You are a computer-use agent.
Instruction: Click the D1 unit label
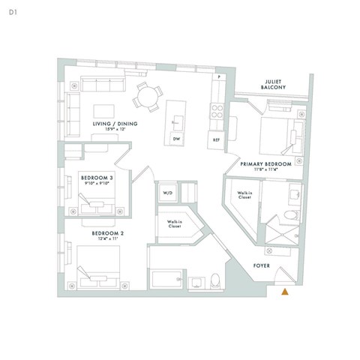pos(13,12)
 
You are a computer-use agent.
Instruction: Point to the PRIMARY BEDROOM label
pos(265,164)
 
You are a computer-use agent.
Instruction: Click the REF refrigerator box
pos(216,140)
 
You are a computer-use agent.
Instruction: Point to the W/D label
pos(166,193)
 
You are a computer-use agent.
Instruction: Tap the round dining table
pos(147,96)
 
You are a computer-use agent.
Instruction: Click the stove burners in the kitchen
pos(216,112)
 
